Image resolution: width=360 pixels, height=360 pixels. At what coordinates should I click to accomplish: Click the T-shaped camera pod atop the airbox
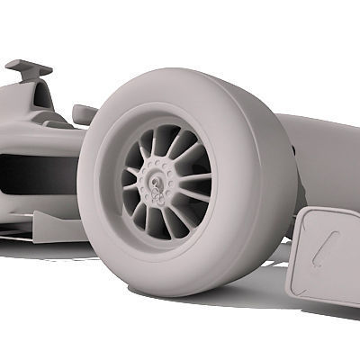pyautogui.click(x=28, y=67)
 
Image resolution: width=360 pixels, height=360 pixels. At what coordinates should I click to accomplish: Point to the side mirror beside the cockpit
pyautogui.click(x=85, y=112)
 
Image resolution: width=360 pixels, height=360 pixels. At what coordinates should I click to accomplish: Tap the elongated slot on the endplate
pyautogui.click(x=325, y=247)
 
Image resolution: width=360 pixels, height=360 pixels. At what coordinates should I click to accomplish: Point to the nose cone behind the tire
pyautogui.click(x=324, y=153)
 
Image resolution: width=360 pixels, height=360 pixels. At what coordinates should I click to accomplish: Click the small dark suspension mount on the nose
pyautogui.click(x=294, y=145)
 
